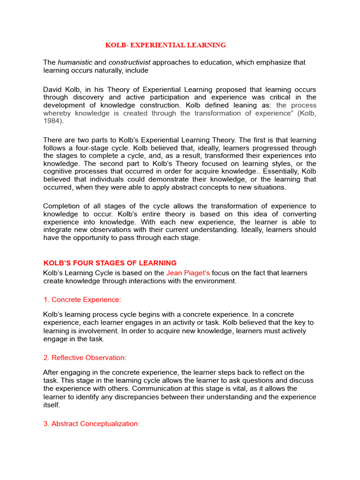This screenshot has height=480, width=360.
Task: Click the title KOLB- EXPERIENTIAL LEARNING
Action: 165,45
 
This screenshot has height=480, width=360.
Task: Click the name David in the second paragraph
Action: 52,90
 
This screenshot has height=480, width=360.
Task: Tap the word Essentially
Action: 273,172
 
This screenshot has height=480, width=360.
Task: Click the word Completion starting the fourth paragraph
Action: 62,206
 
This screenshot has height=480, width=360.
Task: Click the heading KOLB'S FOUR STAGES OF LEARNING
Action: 110,263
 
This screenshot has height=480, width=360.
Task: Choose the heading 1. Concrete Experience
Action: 82,300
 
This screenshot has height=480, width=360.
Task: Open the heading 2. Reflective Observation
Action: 85,358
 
